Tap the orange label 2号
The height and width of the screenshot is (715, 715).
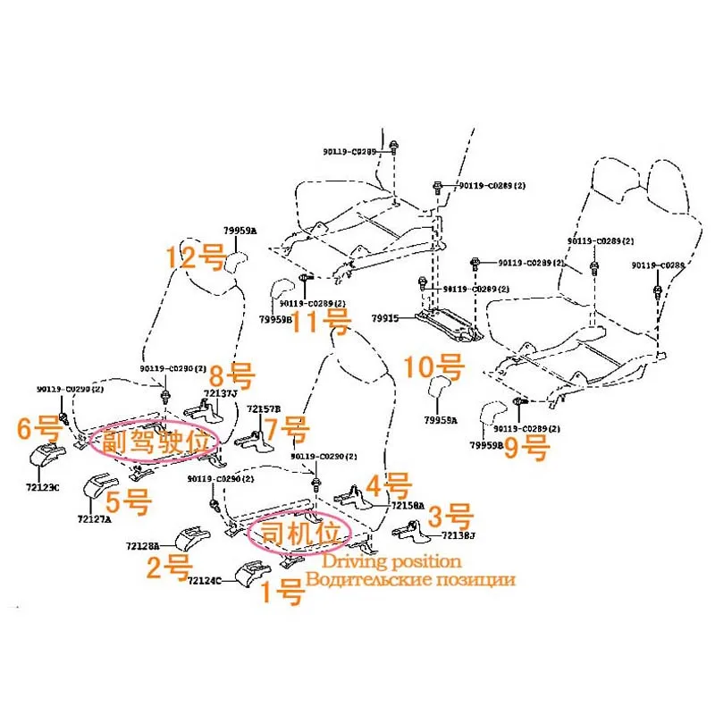[x=168, y=566]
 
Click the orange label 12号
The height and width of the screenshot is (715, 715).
[x=193, y=259]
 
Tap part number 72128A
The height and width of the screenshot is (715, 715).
[x=143, y=545]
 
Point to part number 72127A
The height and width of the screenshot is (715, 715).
[x=94, y=519]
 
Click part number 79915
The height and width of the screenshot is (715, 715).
[x=386, y=316]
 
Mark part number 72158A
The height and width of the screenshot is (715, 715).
[x=408, y=506]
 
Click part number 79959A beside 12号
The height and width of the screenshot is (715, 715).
[x=240, y=231]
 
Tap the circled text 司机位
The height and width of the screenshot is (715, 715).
[x=300, y=534]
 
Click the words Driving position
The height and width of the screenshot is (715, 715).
[x=391, y=562]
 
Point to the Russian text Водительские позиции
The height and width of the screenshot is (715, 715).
[x=410, y=579]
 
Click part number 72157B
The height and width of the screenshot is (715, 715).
[x=264, y=408]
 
